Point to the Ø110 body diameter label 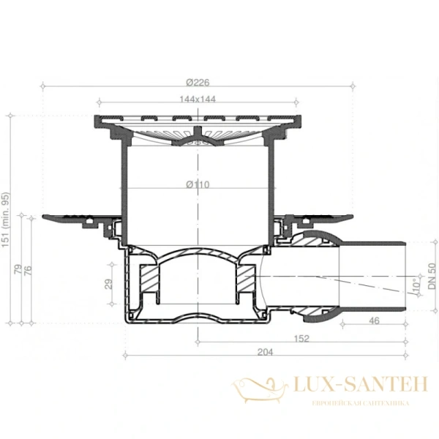(198, 184)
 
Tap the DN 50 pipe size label (431, 277)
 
